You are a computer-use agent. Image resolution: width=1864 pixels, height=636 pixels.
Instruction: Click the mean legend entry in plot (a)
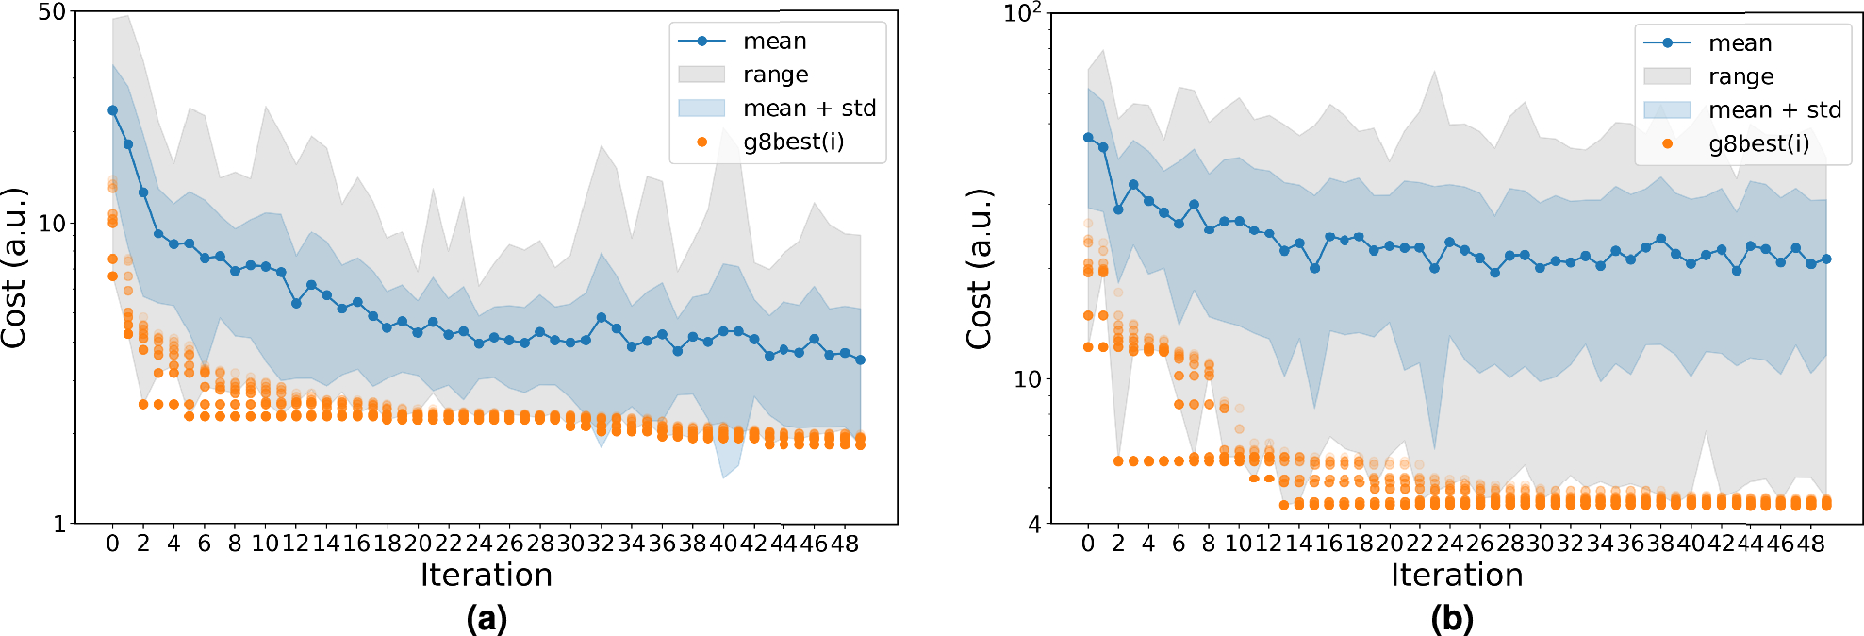pos(774,42)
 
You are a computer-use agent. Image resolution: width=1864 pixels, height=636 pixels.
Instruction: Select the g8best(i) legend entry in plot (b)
pos(1758,143)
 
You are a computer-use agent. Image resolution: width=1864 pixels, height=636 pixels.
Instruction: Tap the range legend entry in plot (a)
pos(775,75)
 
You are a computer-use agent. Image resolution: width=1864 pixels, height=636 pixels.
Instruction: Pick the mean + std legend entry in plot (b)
pos(1774,110)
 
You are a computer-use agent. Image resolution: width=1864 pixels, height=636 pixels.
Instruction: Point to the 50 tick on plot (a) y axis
pos(51,13)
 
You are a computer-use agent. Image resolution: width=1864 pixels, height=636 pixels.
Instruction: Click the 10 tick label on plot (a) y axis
pos(51,224)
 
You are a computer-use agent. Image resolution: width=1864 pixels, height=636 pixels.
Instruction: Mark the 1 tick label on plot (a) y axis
pos(59,524)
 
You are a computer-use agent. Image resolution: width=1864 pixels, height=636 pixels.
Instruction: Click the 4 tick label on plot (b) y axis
pos(1034,524)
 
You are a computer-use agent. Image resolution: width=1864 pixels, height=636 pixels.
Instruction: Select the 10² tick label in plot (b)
pos(1022,14)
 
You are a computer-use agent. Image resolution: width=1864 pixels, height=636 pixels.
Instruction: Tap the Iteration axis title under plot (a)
pos(486,575)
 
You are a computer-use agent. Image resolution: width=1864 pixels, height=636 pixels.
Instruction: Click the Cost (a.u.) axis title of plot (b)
pos(981,269)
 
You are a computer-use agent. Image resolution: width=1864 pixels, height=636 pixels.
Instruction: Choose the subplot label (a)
pos(487,619)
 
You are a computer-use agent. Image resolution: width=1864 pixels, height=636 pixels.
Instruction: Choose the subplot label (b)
pos(1452,619)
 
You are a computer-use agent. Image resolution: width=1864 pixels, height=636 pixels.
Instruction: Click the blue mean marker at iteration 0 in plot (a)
pos(113,110)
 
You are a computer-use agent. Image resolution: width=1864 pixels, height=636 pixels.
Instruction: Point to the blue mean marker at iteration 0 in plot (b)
pos(1088,138)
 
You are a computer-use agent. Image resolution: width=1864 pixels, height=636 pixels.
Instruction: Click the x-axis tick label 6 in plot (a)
pos(205,544)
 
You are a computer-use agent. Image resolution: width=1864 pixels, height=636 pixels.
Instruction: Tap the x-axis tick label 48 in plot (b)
pos(1810,544)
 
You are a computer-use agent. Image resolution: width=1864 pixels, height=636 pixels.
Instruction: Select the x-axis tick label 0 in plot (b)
pos(1088,544)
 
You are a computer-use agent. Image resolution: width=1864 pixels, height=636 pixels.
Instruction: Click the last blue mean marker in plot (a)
pos(860,360)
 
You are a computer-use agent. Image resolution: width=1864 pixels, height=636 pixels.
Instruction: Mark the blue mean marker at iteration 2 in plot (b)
pos(1118,209)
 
